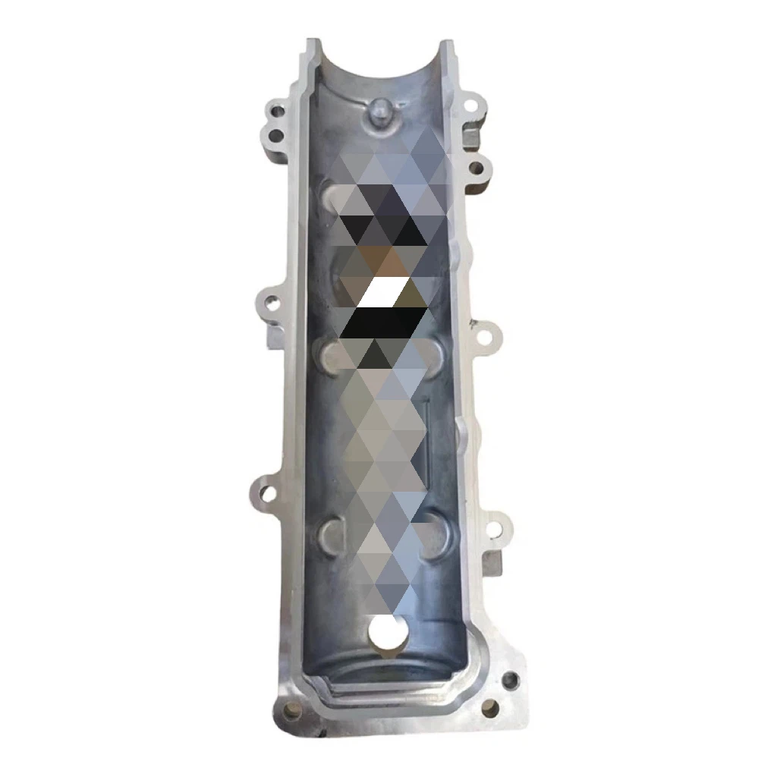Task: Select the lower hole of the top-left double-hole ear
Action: click(275, 137)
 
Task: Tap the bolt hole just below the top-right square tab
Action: click(477, 168)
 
